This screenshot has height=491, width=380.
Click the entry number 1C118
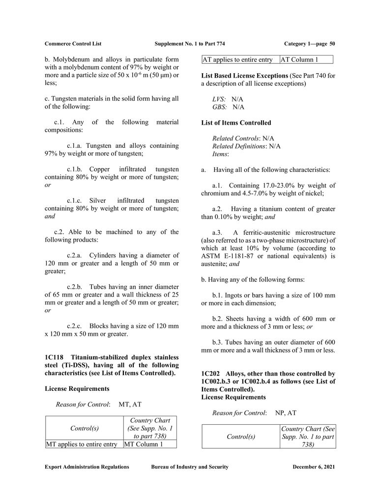[54, 357]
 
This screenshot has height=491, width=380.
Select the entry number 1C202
[211, 374]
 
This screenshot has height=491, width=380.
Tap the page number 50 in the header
[332, 44]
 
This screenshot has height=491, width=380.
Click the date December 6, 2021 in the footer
[314, 467]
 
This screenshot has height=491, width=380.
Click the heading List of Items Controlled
[236, 123]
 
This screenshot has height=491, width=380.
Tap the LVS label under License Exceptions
[219, 99]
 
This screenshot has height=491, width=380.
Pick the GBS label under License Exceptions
[219, 107]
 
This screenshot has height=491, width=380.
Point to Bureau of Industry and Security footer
[189, 467]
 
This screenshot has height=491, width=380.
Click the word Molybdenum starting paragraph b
[73, 59]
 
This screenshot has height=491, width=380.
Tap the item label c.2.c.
[76, 327]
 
